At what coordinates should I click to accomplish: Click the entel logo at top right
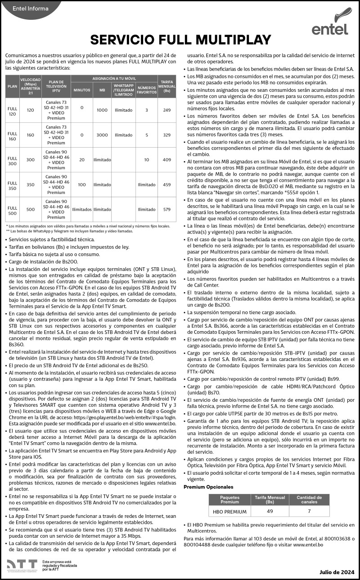[330, 22]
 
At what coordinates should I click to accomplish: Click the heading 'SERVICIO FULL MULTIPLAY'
[180, 40]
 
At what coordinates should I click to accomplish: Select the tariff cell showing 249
[167, 110]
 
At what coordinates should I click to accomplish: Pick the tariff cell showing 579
[167, 209]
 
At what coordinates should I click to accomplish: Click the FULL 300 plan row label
[13, 159]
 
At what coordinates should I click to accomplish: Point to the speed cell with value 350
[31, 184]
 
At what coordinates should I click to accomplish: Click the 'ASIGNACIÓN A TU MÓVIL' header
[114, 78]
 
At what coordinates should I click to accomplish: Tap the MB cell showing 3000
[102, 135]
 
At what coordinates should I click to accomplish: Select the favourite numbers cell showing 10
[147, 159]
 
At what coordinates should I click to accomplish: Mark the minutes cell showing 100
[81, 184]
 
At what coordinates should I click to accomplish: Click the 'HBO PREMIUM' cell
[229, 512]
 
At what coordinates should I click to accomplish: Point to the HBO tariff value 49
[270, 512]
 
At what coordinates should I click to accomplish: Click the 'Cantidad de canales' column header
[309, 499]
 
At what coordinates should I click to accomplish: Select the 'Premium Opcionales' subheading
[208, 487]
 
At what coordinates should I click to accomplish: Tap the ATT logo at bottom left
[22, 565]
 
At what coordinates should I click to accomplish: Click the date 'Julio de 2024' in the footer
[337, 572]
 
